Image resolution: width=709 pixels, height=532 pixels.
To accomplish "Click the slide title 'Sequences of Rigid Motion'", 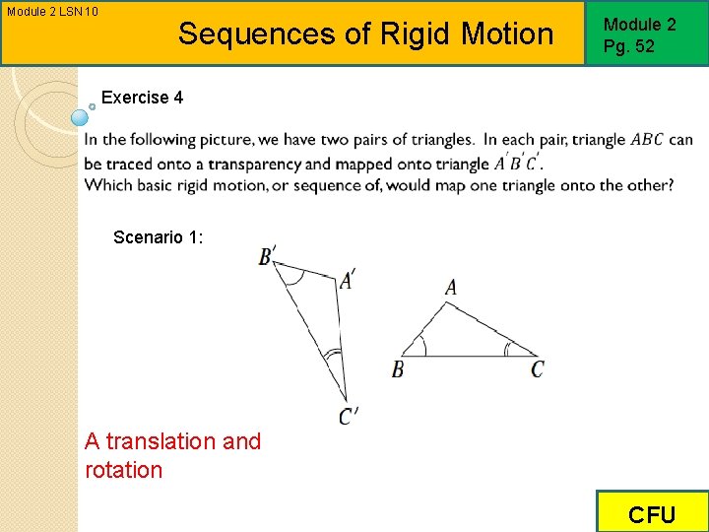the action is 365,33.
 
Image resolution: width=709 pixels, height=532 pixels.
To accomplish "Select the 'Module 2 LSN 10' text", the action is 52,11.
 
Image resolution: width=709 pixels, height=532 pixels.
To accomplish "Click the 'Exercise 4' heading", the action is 142,98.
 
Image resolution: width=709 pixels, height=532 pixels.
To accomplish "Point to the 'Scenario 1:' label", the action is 159,236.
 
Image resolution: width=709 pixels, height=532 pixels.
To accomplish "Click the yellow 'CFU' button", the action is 652,514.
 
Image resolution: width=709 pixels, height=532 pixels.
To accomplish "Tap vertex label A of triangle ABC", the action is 450,288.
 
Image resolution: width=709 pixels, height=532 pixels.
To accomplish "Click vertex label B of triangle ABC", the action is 398,369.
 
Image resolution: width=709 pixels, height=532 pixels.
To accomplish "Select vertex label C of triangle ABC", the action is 538,369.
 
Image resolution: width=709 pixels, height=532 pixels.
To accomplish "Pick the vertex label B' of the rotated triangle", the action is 267,256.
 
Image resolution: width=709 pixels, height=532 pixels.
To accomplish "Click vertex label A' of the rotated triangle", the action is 347,281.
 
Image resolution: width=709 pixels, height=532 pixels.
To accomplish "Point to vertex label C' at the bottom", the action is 349,417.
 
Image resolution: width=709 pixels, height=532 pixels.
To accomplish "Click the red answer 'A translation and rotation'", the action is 172,455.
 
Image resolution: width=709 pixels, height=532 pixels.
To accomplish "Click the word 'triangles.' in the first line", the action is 441,140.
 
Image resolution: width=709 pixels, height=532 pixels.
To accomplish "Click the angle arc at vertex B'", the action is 291,277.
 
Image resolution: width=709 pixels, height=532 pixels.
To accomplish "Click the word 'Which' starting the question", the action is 107,185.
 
